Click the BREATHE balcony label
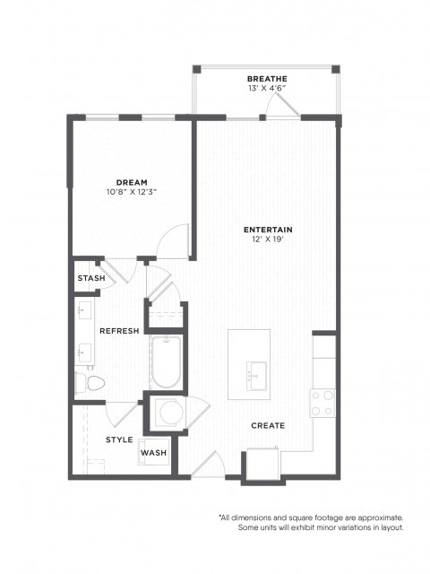pyautogui.click(x=267, y=79)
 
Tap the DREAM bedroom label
pyautogui.click(x=132, y=182)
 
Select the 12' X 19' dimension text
pyautogui.click(x=268, y=239)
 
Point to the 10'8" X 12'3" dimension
pyautogui.click(x=132, y=192)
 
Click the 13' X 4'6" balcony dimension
pyautogui.click(x=267, y=88)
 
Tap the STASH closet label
pyautogui.click(x=91, y=278)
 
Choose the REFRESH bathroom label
pyautogui.click(x=119, y=331)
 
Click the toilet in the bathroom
pyautogui.click(x=90, y=383)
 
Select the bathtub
pyautogui.click(x=167, y=361)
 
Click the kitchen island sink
pyautogui.click(x=257, y=376)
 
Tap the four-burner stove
pyautogui.click(x=322, y=403)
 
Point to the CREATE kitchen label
pyautogui.click(x=268, y=426)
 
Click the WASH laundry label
pyautogui.click(x=153, y=453)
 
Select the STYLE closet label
pyautogui.click(x=119, y=439)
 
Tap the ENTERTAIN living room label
pyautogui.click(x=268, y=230)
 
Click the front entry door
pyautogui.click(x=208, y=465)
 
